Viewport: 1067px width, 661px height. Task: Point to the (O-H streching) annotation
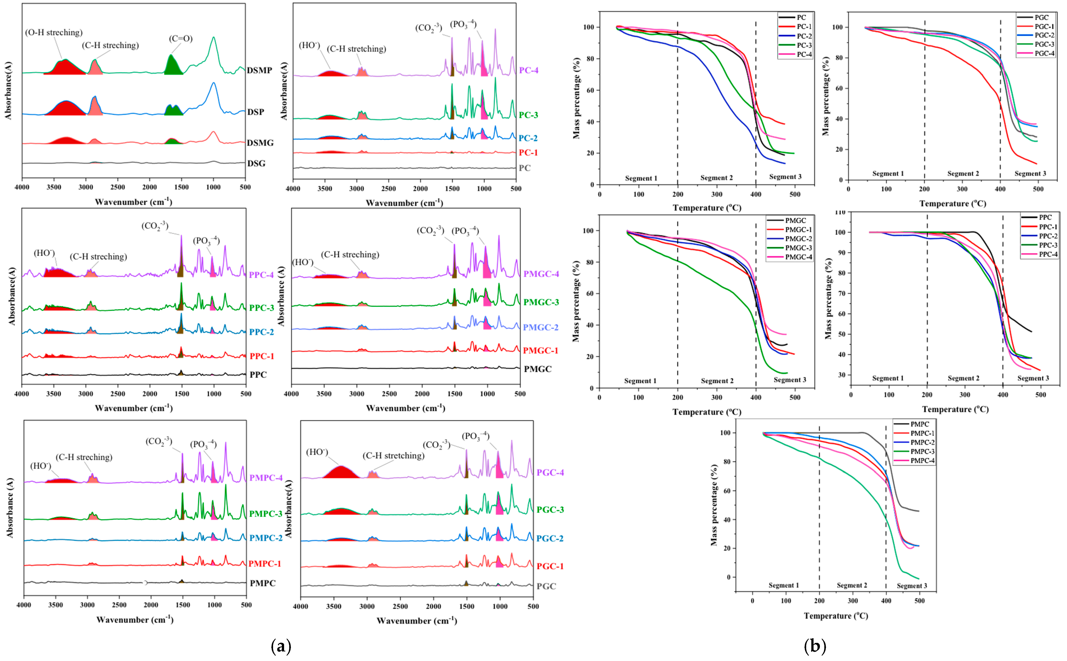point(54,32)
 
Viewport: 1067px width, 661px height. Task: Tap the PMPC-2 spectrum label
point(266,538)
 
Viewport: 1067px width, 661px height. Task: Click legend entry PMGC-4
point(799,257)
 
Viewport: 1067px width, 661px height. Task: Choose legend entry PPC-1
point(1048,227)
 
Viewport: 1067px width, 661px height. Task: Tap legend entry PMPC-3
point(922,451)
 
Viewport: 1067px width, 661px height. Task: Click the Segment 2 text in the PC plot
point(716,178)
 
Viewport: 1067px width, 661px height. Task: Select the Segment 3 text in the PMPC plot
point(912,586)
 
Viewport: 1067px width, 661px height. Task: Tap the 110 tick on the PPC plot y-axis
point(839,213)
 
